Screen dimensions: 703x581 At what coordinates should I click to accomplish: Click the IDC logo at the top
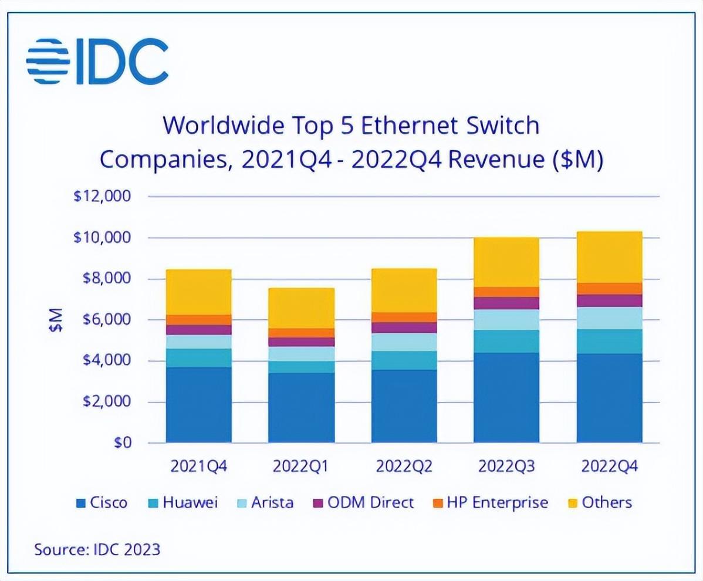pos(97,62)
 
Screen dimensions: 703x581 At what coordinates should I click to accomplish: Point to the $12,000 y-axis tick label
pos(102,197)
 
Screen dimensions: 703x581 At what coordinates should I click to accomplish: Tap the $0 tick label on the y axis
pos(123,443)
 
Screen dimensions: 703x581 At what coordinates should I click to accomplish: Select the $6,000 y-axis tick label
pos(107,320)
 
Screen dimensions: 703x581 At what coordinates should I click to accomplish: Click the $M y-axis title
pos(56,320)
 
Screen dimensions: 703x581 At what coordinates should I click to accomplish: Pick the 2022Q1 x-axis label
pos(301,467)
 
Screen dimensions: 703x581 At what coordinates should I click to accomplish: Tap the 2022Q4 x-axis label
pos(609,467)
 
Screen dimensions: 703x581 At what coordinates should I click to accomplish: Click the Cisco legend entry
pos(102,503)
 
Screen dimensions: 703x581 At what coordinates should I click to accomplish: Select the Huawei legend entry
pos(183,503)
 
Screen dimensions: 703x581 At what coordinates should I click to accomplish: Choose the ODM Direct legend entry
pos(363,503)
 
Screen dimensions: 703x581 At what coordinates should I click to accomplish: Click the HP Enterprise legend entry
pos(491,503)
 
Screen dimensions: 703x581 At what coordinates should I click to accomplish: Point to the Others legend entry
pos(600,503)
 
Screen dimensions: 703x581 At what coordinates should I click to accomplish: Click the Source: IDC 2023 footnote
pos(97,549)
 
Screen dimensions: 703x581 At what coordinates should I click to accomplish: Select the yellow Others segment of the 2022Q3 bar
pos(506,262)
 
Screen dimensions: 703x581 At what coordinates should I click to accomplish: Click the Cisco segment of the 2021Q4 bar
pos(198,406)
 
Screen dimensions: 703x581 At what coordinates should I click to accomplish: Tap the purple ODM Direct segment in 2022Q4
pos(609,301)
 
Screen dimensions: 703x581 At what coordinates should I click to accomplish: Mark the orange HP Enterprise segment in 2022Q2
pos(404,317)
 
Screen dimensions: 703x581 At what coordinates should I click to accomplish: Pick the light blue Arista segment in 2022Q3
pos(506,320)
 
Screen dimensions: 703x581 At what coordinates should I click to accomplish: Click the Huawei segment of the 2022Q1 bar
pos(301,367)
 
